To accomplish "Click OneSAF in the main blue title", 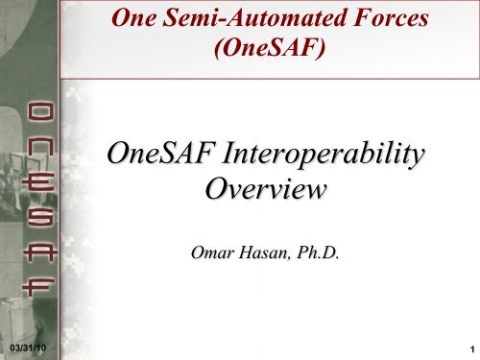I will (x=159, y=154).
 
